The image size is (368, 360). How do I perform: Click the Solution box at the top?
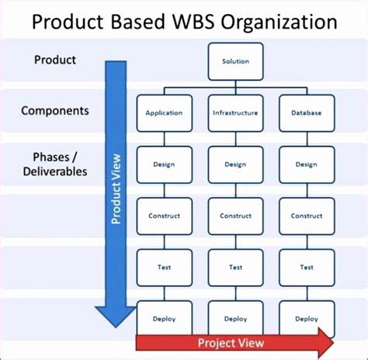coord(235,61)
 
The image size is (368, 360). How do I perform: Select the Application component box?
coord(164,112)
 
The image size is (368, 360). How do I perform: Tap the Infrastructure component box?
coord(235,112)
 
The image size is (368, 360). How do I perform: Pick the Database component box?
coord(306,112)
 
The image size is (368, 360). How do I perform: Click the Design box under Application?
coord(164,164)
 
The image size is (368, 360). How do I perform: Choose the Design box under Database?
coord(306,164)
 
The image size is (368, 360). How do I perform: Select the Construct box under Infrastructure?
coord(235,216)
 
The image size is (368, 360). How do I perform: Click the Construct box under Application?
coord(164,216)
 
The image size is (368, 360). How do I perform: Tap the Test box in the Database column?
coord(306,267)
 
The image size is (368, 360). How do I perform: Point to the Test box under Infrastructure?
coord(235,267)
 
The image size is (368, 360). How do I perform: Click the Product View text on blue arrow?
coord(116,186)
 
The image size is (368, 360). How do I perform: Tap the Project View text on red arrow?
coord(231,343)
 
